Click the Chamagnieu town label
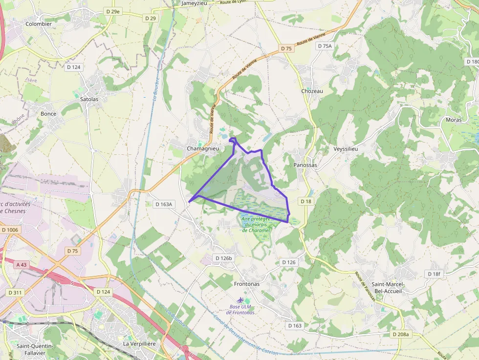click(202, 148)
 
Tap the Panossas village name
click(305, 165)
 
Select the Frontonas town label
click(247, 284)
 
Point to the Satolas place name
click(89, 99)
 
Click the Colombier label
click(39, 23)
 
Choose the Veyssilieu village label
click(347, 148)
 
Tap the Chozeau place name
click(312, 91)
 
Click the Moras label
click(454, 120)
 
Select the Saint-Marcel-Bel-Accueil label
click(387, 288)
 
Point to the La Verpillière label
click(139, 344)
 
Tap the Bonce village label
click(48, 114)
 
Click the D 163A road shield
click(164, 204)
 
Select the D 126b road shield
click(225, 258)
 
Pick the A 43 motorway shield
click(21, 265)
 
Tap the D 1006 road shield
click(9, 230)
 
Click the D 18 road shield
click(306, 201)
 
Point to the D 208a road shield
click(401, 335)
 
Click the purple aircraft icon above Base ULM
click(239, 299)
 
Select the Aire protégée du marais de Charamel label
click(256, 225)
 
